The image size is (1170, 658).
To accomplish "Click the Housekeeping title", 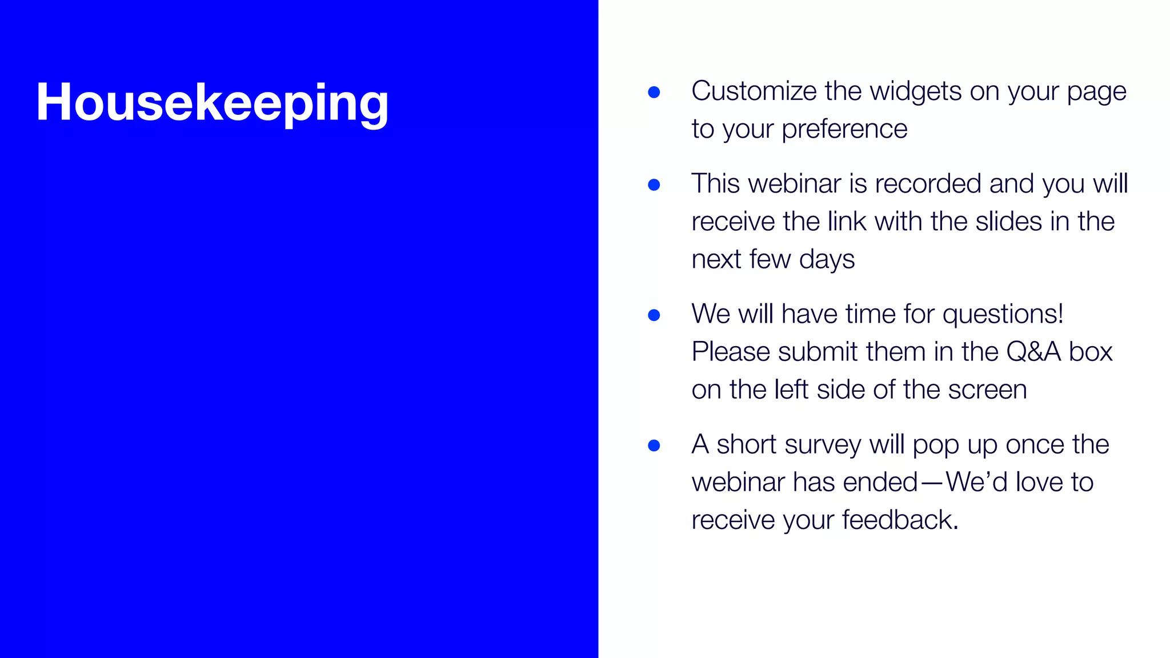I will (212, 103).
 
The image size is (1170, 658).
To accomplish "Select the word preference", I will (844, 129).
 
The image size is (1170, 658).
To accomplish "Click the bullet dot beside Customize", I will (654, 92).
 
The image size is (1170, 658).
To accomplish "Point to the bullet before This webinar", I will (654, 184).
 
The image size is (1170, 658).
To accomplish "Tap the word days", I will (827, 260).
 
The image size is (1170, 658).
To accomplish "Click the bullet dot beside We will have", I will (654, 315).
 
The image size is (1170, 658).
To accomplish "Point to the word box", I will (1091, 352).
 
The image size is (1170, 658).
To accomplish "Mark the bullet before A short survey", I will (654, 445).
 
